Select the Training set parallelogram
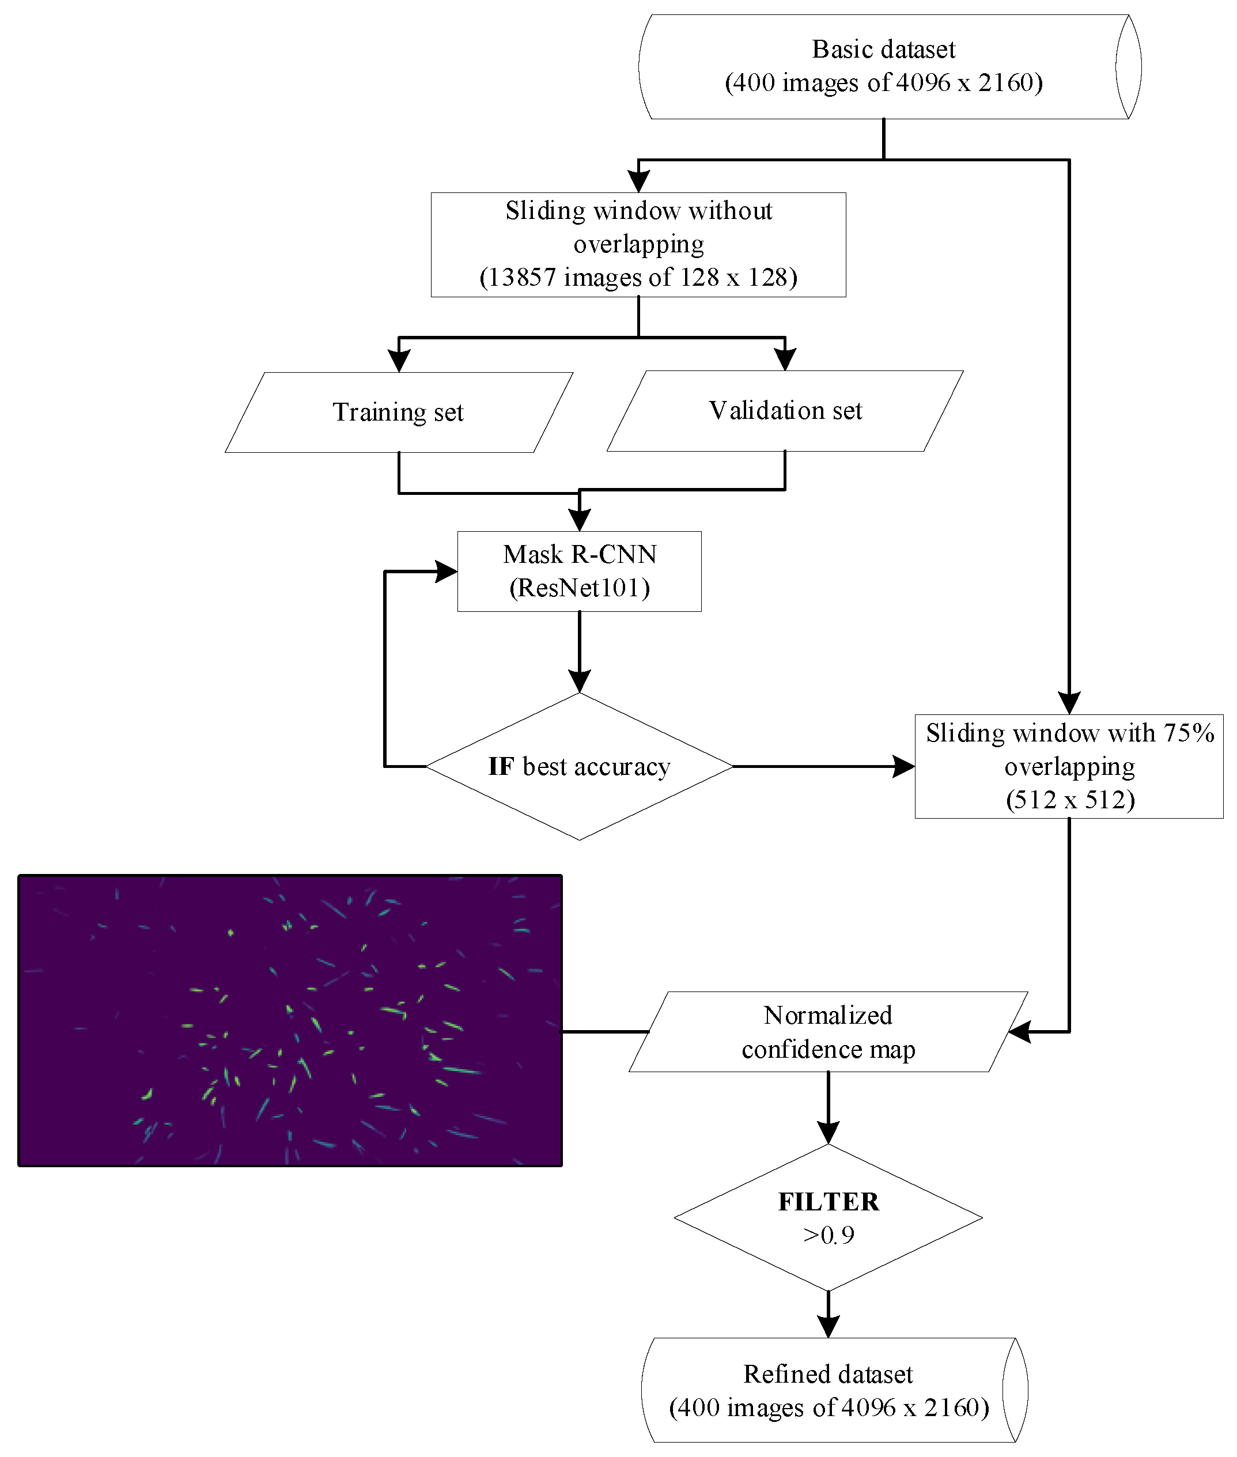point(398,412)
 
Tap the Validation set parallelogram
point(785,411)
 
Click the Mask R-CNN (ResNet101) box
point(579,572)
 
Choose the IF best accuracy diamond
point(579,766)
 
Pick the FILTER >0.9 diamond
point(828,1218)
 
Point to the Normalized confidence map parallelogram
point(828,1032)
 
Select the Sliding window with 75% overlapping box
point(1069,766)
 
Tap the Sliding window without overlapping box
point(638,245)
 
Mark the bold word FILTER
point(828,1202)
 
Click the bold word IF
point(501,767)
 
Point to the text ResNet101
point(579,588)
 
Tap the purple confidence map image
point(290,1020)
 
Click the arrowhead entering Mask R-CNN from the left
point(446,572)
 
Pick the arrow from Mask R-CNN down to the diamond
point(579,652)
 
